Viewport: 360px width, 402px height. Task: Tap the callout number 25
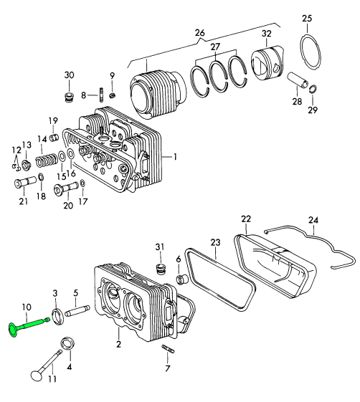tap(307, 19)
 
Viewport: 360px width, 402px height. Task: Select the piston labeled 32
tap(267, 62)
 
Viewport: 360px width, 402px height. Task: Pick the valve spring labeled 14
tap(46, 161)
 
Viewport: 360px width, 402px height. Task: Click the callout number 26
tap(200, 33)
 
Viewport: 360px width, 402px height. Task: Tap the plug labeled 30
tap(69, 97)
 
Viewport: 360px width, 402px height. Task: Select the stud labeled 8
tap(101, 95)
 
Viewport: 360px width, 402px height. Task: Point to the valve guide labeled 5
tap(77, 310)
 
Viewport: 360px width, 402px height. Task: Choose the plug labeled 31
tap(161, 269)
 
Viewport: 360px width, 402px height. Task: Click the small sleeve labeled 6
tap(181, 279)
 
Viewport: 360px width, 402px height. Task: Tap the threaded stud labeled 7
tap(168, 349)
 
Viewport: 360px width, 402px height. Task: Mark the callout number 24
tap(313, 220)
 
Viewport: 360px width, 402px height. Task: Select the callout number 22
tap(246, 219)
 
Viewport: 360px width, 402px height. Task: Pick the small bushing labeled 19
tap(54, 138)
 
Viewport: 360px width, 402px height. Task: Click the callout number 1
tap(175, 157)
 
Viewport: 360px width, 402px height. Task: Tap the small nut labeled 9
tap(113, 95)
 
